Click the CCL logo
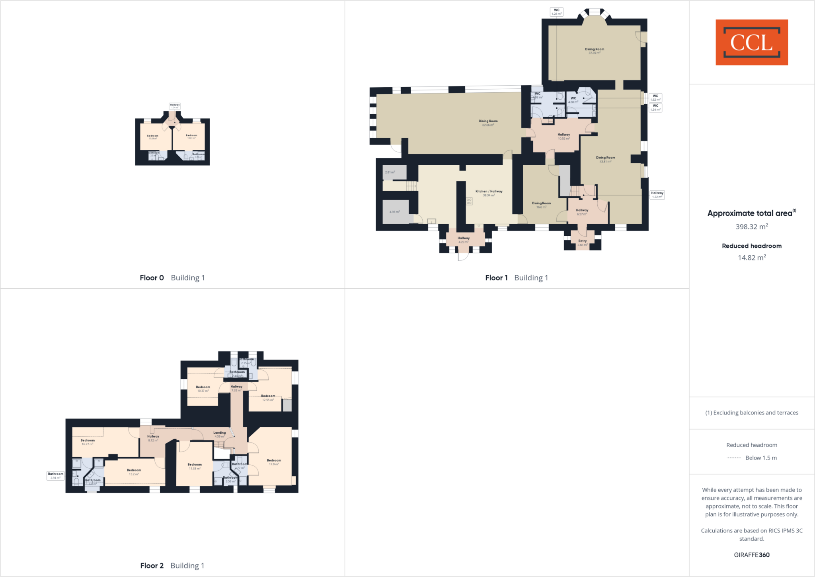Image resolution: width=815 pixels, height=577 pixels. (751, 42)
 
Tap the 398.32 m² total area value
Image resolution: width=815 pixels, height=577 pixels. (751, 227)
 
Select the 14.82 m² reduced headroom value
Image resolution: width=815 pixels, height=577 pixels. (751, 258)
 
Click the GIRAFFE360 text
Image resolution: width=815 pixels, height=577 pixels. (751, 555)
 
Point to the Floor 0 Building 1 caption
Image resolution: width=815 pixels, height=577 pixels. (172, 278)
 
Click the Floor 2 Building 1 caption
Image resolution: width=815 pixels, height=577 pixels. (172, 565)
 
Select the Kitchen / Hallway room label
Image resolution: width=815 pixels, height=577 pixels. (489, 193)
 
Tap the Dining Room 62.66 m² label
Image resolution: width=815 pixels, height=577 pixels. (488, 123)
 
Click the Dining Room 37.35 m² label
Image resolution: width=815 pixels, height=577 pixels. (594, 51)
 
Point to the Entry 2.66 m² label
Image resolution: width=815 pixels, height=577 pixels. (582, 243)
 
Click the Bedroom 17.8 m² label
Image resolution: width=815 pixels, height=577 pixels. (274, 462)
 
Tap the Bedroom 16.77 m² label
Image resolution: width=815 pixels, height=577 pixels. (88, 442)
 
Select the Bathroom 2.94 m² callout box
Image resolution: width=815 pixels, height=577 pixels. (55, 475)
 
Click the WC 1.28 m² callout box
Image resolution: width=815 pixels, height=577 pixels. (556, 12)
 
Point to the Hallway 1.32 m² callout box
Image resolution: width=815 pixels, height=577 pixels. (657, 195)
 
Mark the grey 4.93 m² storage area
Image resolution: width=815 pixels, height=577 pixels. (395, 212)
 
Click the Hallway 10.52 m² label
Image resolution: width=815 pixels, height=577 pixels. (563, 136)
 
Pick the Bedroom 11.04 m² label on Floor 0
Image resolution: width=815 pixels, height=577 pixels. (152, 137)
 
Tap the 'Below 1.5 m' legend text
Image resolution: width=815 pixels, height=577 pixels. (760, 458)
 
